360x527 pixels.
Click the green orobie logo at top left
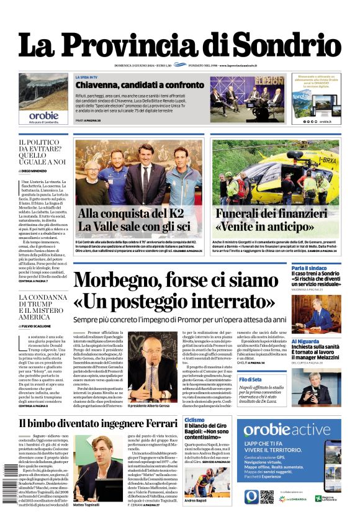[x=43, y=115]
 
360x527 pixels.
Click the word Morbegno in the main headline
[x=125, y=281]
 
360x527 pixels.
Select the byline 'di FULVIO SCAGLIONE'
[x=44, y=325]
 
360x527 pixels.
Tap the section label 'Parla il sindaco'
[x=308, y=268]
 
